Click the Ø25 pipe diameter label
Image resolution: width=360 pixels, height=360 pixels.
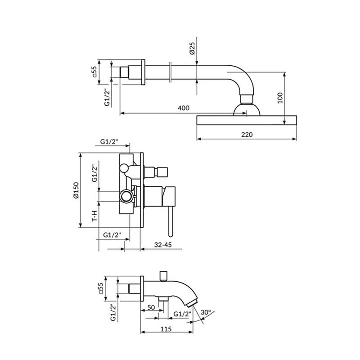pos(192,48)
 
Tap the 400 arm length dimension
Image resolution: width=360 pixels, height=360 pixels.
pos(184,108)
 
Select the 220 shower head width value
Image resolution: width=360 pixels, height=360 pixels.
pos(247,134)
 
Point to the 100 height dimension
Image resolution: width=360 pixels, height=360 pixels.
pos(280,98)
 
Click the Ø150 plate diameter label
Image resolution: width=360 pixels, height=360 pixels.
pos(76,190)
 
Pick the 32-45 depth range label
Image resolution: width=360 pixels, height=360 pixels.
pos(163,245)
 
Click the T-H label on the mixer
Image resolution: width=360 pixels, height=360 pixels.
pos(94,216)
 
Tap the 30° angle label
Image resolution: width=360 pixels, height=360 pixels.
pos(206,312)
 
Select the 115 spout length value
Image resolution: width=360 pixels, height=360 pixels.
pos(166,329)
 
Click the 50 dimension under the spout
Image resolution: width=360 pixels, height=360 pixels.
pos(151,307)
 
